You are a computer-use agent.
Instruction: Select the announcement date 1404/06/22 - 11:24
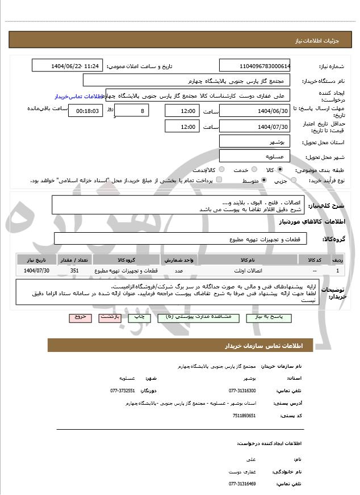tap(68, 66)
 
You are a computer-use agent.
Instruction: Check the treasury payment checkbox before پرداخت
tap(220, 181)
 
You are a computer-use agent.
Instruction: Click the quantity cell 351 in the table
tap(74, 271)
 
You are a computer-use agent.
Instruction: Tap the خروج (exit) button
tap(79, 318)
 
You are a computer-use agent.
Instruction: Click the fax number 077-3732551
tap(122, 391)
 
